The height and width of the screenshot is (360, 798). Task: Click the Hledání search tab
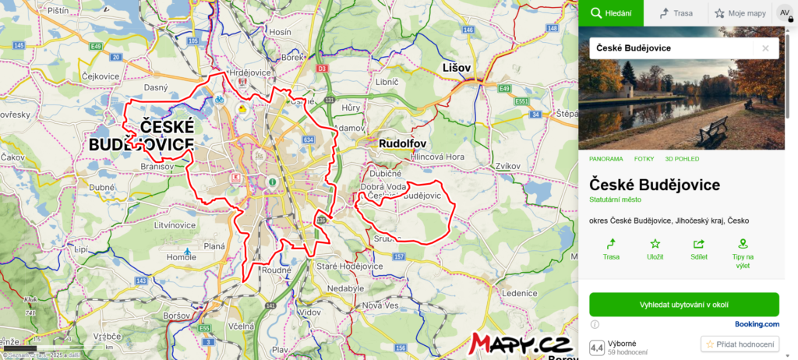(610, 13)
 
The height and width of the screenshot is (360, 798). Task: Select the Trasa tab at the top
(676, 13)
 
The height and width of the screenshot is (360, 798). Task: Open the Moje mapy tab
(740, 13)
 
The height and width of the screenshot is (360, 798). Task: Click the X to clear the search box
(765, 48)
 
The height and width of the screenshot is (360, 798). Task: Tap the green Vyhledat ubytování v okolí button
(683, 304)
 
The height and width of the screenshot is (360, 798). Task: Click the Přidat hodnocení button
(740, 344)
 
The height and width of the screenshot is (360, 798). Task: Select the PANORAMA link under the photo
(606, 159)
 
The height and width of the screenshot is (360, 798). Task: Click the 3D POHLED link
(682, 159)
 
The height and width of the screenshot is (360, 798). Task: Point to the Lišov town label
(457, 68)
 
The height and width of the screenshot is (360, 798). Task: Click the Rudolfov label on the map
(401, 144)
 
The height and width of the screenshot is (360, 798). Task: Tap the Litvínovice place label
(175, 224)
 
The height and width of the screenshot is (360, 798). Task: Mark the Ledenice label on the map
(521, 293)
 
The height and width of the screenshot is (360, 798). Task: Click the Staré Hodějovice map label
(349, 266)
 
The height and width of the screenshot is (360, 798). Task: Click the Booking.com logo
(757, 324)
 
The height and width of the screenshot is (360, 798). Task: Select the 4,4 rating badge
(597, 348)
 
